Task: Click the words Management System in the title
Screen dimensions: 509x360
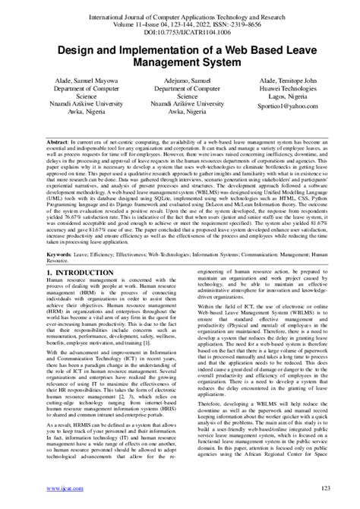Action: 180,64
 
